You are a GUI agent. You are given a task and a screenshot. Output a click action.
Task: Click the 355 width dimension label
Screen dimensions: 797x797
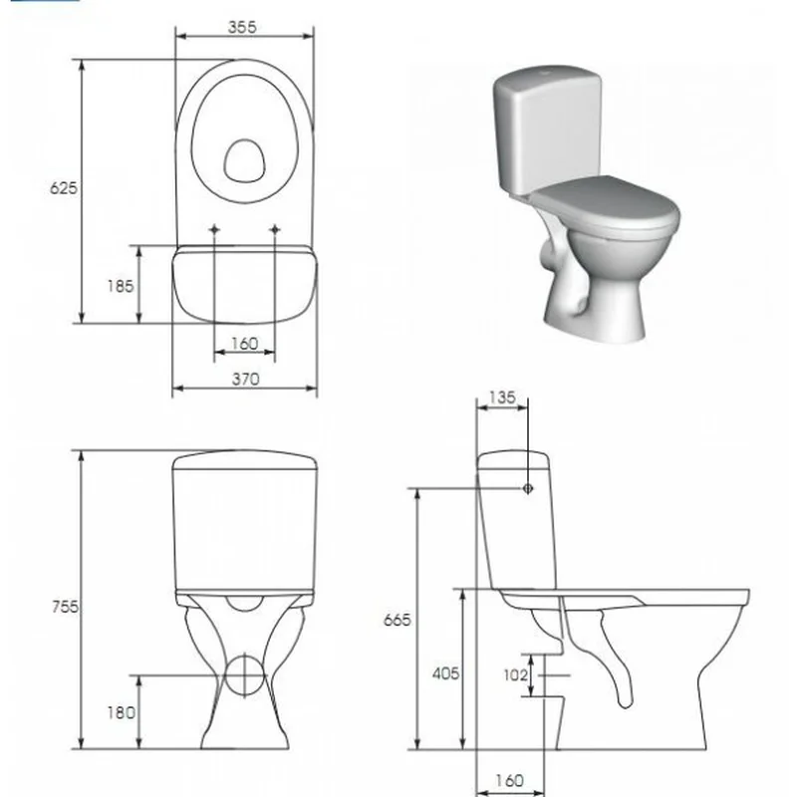pos(242,27)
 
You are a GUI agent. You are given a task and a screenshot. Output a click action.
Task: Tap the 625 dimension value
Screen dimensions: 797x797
pos(64,188)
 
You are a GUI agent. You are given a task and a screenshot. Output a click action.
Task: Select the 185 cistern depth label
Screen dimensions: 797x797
pos(120,286)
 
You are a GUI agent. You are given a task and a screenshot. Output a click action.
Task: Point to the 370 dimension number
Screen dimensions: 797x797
pos(245,379)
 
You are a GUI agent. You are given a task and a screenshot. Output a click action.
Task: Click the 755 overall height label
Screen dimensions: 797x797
pos(65,607)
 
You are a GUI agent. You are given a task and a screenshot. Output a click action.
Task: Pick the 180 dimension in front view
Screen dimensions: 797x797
pos(121,712)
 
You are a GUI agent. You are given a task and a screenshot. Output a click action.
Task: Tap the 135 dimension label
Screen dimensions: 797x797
pos(502,397)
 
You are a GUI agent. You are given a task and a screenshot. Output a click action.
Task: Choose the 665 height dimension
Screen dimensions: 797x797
pos(397,620)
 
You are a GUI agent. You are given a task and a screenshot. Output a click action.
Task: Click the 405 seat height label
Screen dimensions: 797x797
pos(445,673)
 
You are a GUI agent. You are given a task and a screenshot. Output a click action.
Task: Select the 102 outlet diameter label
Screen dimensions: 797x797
pos(515,674)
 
